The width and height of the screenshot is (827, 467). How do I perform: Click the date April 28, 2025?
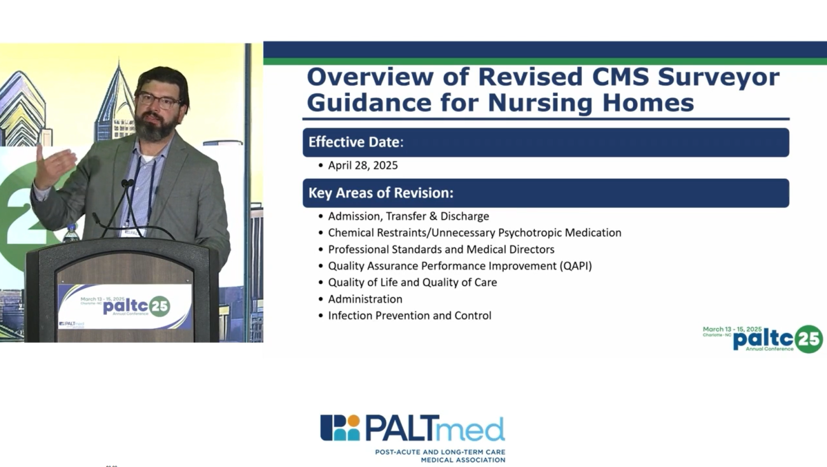pyautogui.click(x=363, y=165)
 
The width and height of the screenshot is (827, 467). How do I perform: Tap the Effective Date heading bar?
pyautogui.click(x=545, y=143)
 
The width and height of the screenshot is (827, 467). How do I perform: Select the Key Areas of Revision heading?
pyautogui.click(x=380, y=193)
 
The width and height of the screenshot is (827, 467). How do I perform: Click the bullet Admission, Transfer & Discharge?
pyautogui.click(x=408, y=216)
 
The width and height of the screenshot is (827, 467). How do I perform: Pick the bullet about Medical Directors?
pyautogui.click(x=441, y=249)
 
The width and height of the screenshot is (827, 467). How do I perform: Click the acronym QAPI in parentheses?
pyautogui.click(x=576, y=266)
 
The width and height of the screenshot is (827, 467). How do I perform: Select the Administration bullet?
pyautogui.click(x=365, y=299)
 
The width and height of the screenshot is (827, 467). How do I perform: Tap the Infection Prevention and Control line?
pyautogui.click(x=410, y=316)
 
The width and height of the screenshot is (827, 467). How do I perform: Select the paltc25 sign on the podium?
pyautogui.click(x=125, y=307)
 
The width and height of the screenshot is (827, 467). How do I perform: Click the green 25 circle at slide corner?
pyautogui.click(x=809, y=339)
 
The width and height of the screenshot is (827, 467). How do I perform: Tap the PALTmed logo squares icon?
pyautogui.click(x=340, y=428)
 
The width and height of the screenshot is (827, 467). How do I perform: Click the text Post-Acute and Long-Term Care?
pyautogui.click(x=440, y=452)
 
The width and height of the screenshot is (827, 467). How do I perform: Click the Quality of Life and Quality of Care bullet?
pyautogui.click(x=412, y=282)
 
